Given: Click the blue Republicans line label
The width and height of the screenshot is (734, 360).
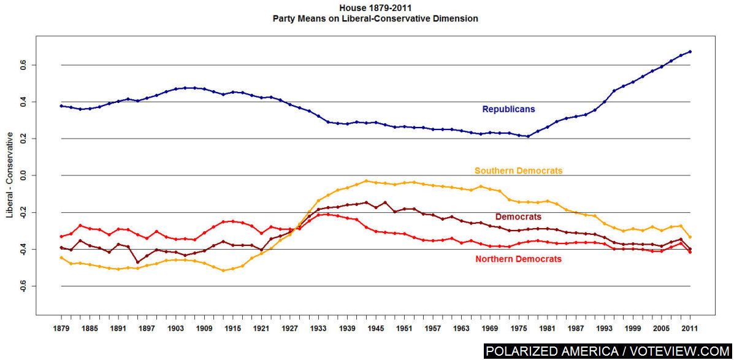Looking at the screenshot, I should point(508,109).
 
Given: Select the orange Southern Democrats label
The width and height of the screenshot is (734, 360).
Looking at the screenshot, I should point(518,170).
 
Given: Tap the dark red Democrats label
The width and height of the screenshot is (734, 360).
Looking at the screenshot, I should point(518,216).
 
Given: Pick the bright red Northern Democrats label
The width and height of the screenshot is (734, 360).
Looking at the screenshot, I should point(518,259).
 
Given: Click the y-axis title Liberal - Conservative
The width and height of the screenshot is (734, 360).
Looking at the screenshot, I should point(9,175).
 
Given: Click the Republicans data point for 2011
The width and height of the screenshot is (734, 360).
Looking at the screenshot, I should point(690,52).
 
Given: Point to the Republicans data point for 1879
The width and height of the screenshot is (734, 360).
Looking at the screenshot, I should point(61,106).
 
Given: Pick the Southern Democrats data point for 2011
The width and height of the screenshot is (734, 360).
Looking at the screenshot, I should point(690,237).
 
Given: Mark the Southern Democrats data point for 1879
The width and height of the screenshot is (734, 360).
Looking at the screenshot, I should point(61,258).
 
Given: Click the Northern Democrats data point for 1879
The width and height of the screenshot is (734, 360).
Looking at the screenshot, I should point(61,236).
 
